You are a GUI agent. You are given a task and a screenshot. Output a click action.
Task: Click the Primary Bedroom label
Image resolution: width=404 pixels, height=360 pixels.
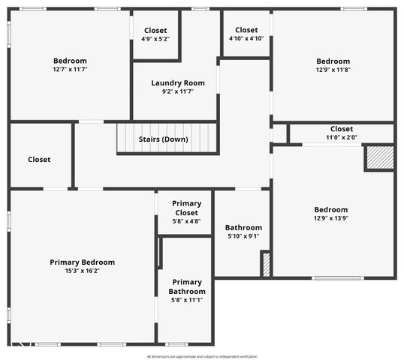pyautogui.click(x=83, y=262)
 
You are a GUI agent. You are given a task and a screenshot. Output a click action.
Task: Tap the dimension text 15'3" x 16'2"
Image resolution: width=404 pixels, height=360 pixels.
pyautogui.click(x=83, y=271)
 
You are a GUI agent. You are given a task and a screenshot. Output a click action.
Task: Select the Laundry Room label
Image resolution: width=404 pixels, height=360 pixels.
pyautogui.click(x=178, y=82)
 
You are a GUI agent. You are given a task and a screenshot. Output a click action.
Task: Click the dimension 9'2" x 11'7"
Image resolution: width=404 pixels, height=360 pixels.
pyautogui.click(x=178, y=91)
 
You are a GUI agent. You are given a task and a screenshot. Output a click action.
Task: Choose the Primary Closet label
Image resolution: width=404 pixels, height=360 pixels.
pyautogui.click(x=186, y=208)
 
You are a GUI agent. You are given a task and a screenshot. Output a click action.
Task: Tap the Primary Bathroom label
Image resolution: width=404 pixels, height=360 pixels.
pyautogui.click(x=187, y=286)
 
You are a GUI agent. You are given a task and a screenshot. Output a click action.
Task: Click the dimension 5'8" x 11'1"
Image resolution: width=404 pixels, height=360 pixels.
pyautogui.click(x=187, y=300)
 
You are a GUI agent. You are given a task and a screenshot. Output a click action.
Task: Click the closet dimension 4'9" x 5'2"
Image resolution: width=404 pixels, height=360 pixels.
pyautogui.click(x=155, y=38)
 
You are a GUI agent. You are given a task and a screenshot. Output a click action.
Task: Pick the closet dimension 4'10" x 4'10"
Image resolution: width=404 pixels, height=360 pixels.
pyautogui.click(x=246, y=38)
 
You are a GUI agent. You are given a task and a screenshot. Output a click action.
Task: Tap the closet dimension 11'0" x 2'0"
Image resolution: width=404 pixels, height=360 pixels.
pyautogui.click(x=341, y=137)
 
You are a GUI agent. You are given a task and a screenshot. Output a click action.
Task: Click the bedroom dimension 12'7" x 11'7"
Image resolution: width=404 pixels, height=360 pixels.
pyautogui.click(x=70, y=70)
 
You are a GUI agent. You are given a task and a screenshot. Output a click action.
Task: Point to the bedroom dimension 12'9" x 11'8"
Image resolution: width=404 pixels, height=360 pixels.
pyautogui.click(x=333, y=70)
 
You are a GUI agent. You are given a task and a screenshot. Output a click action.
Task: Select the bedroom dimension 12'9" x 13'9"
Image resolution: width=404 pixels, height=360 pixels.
pyautogui.click(x=331, y=218)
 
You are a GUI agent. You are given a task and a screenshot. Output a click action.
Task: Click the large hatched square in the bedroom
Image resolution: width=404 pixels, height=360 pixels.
pyautogui.click(x=379, y=157)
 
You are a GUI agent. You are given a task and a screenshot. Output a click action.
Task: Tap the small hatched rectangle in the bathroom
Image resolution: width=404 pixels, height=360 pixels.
pyautogui.click(x=265, y=264)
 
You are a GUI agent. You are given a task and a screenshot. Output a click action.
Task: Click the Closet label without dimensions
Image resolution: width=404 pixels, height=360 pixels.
pyautogui.click(x=39, y=159)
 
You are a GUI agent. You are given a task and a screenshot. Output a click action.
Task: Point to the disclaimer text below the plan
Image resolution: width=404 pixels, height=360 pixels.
pyautogui.click(x=201, y=356)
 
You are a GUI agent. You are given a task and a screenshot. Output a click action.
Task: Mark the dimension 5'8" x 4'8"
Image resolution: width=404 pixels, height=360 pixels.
pyautogui.click(x=186, y=221)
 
